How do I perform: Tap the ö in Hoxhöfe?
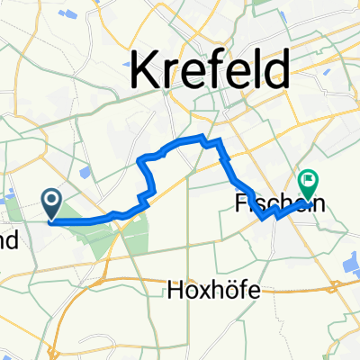coord(232,290)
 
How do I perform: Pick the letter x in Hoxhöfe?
coord(204,290)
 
